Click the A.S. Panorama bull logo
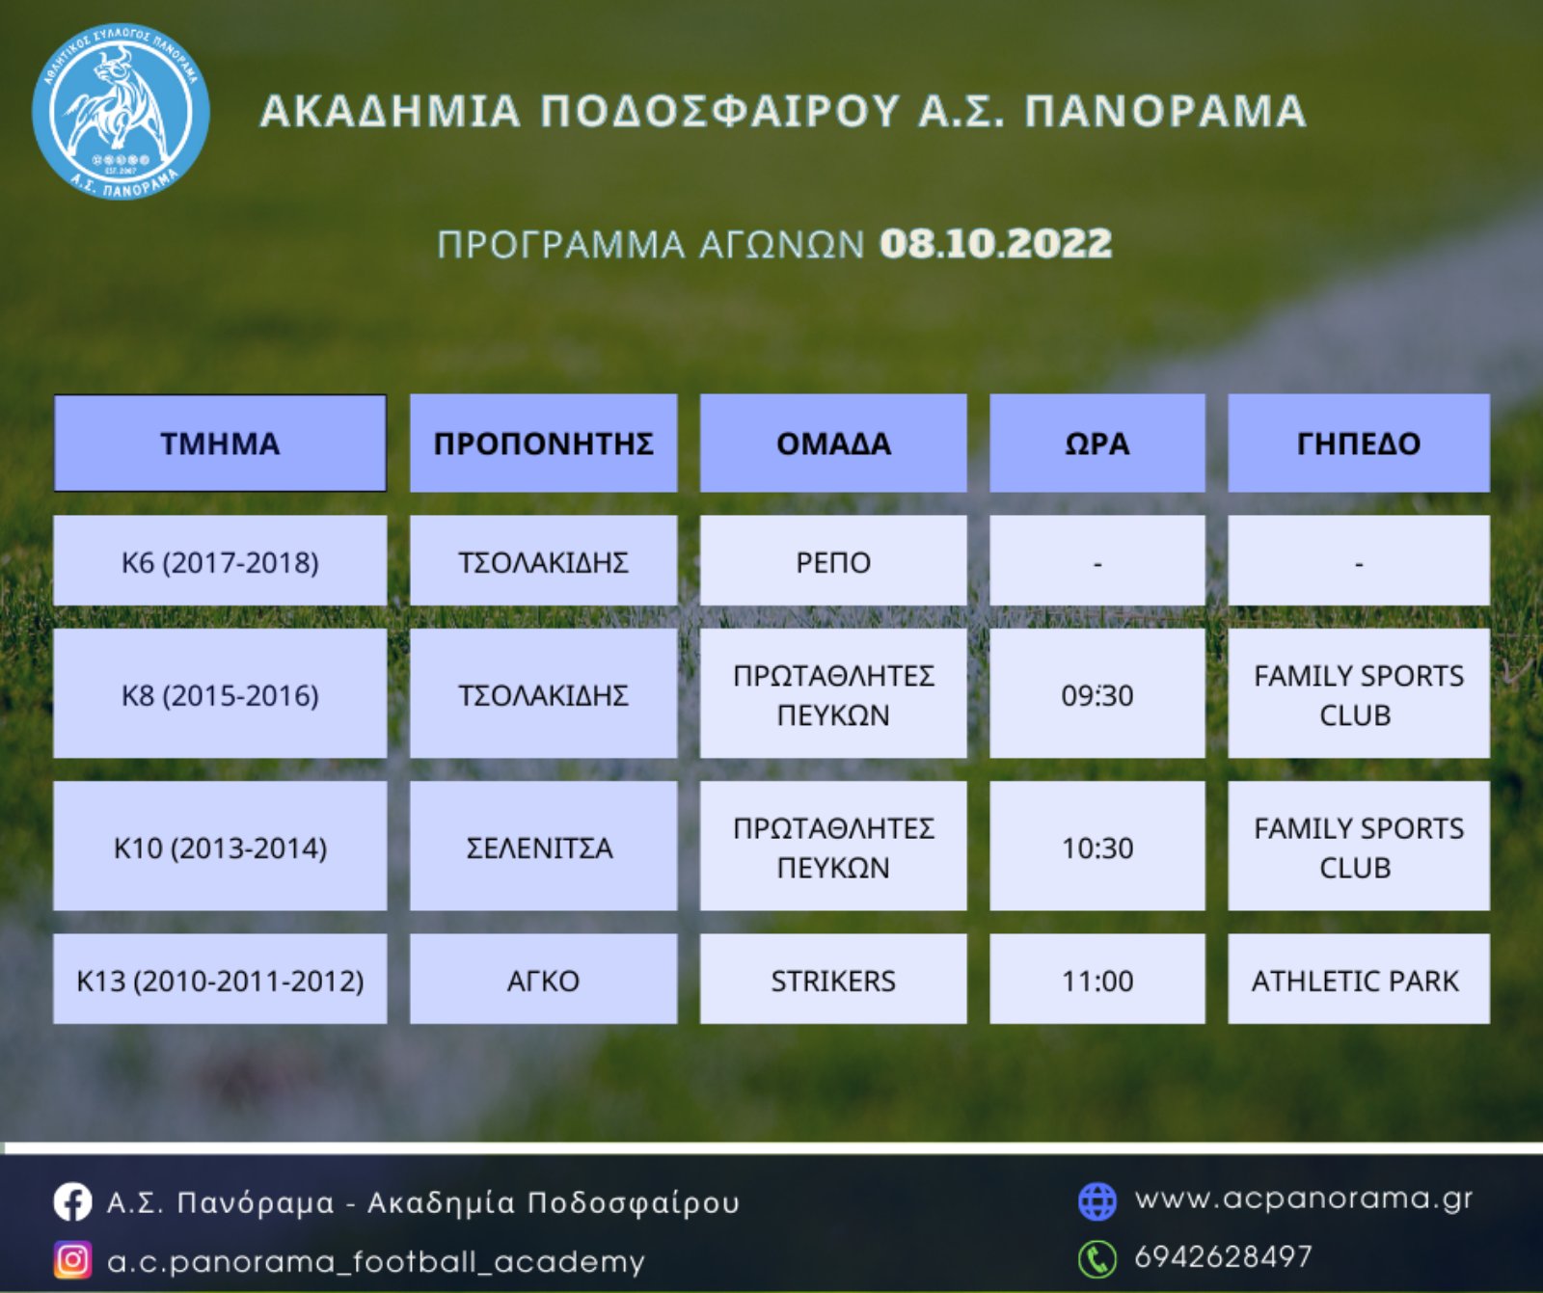[121, 112]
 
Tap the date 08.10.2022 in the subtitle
[996, 243]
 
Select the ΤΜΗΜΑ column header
[220, 444]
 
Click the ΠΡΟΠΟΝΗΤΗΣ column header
[543, 444]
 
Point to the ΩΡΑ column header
[1097, 444]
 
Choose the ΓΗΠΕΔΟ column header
[1358, 444]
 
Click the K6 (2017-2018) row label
[220, 561]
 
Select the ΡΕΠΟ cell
[833, 561]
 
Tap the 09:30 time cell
[1097, 694]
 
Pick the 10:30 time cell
[1097, 847]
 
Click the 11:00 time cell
[1097, 980]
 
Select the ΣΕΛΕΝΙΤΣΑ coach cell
[543, 847]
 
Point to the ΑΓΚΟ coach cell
[543, 980]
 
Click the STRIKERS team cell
[833, 980]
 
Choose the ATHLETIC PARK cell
[1358, 980]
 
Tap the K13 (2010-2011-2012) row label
[220, 980]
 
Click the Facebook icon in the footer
[72, 1202]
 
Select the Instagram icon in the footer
[72, 1260]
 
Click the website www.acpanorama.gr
[1304, 1199]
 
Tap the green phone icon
[1096, 1258]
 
